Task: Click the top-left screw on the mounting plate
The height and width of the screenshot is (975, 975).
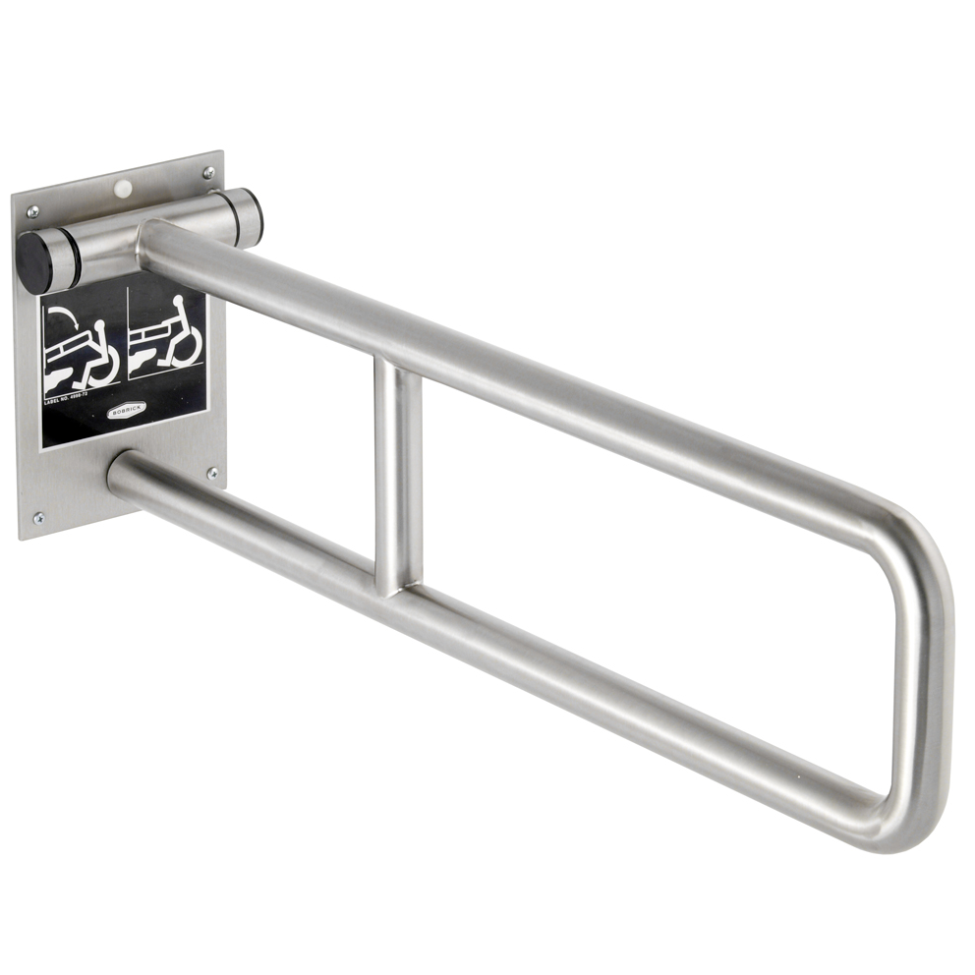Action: [32, 211]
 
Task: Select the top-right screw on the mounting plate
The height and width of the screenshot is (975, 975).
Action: [208, 173]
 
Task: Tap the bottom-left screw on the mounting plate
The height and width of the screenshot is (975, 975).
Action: [38, 517]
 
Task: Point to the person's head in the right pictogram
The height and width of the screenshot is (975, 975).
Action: [180, 301]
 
